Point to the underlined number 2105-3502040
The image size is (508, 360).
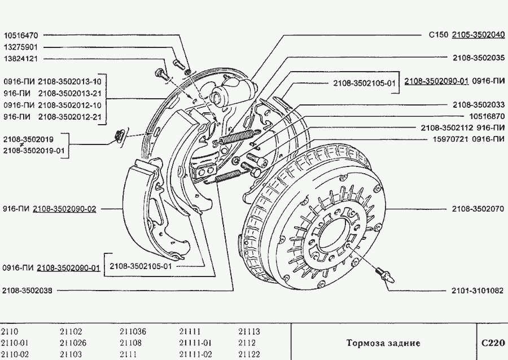tap(478, 34)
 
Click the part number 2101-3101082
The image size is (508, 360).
tap(478, 291)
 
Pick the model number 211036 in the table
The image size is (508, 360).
tap(133, 332)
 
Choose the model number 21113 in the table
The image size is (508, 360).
tap(249, 332)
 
